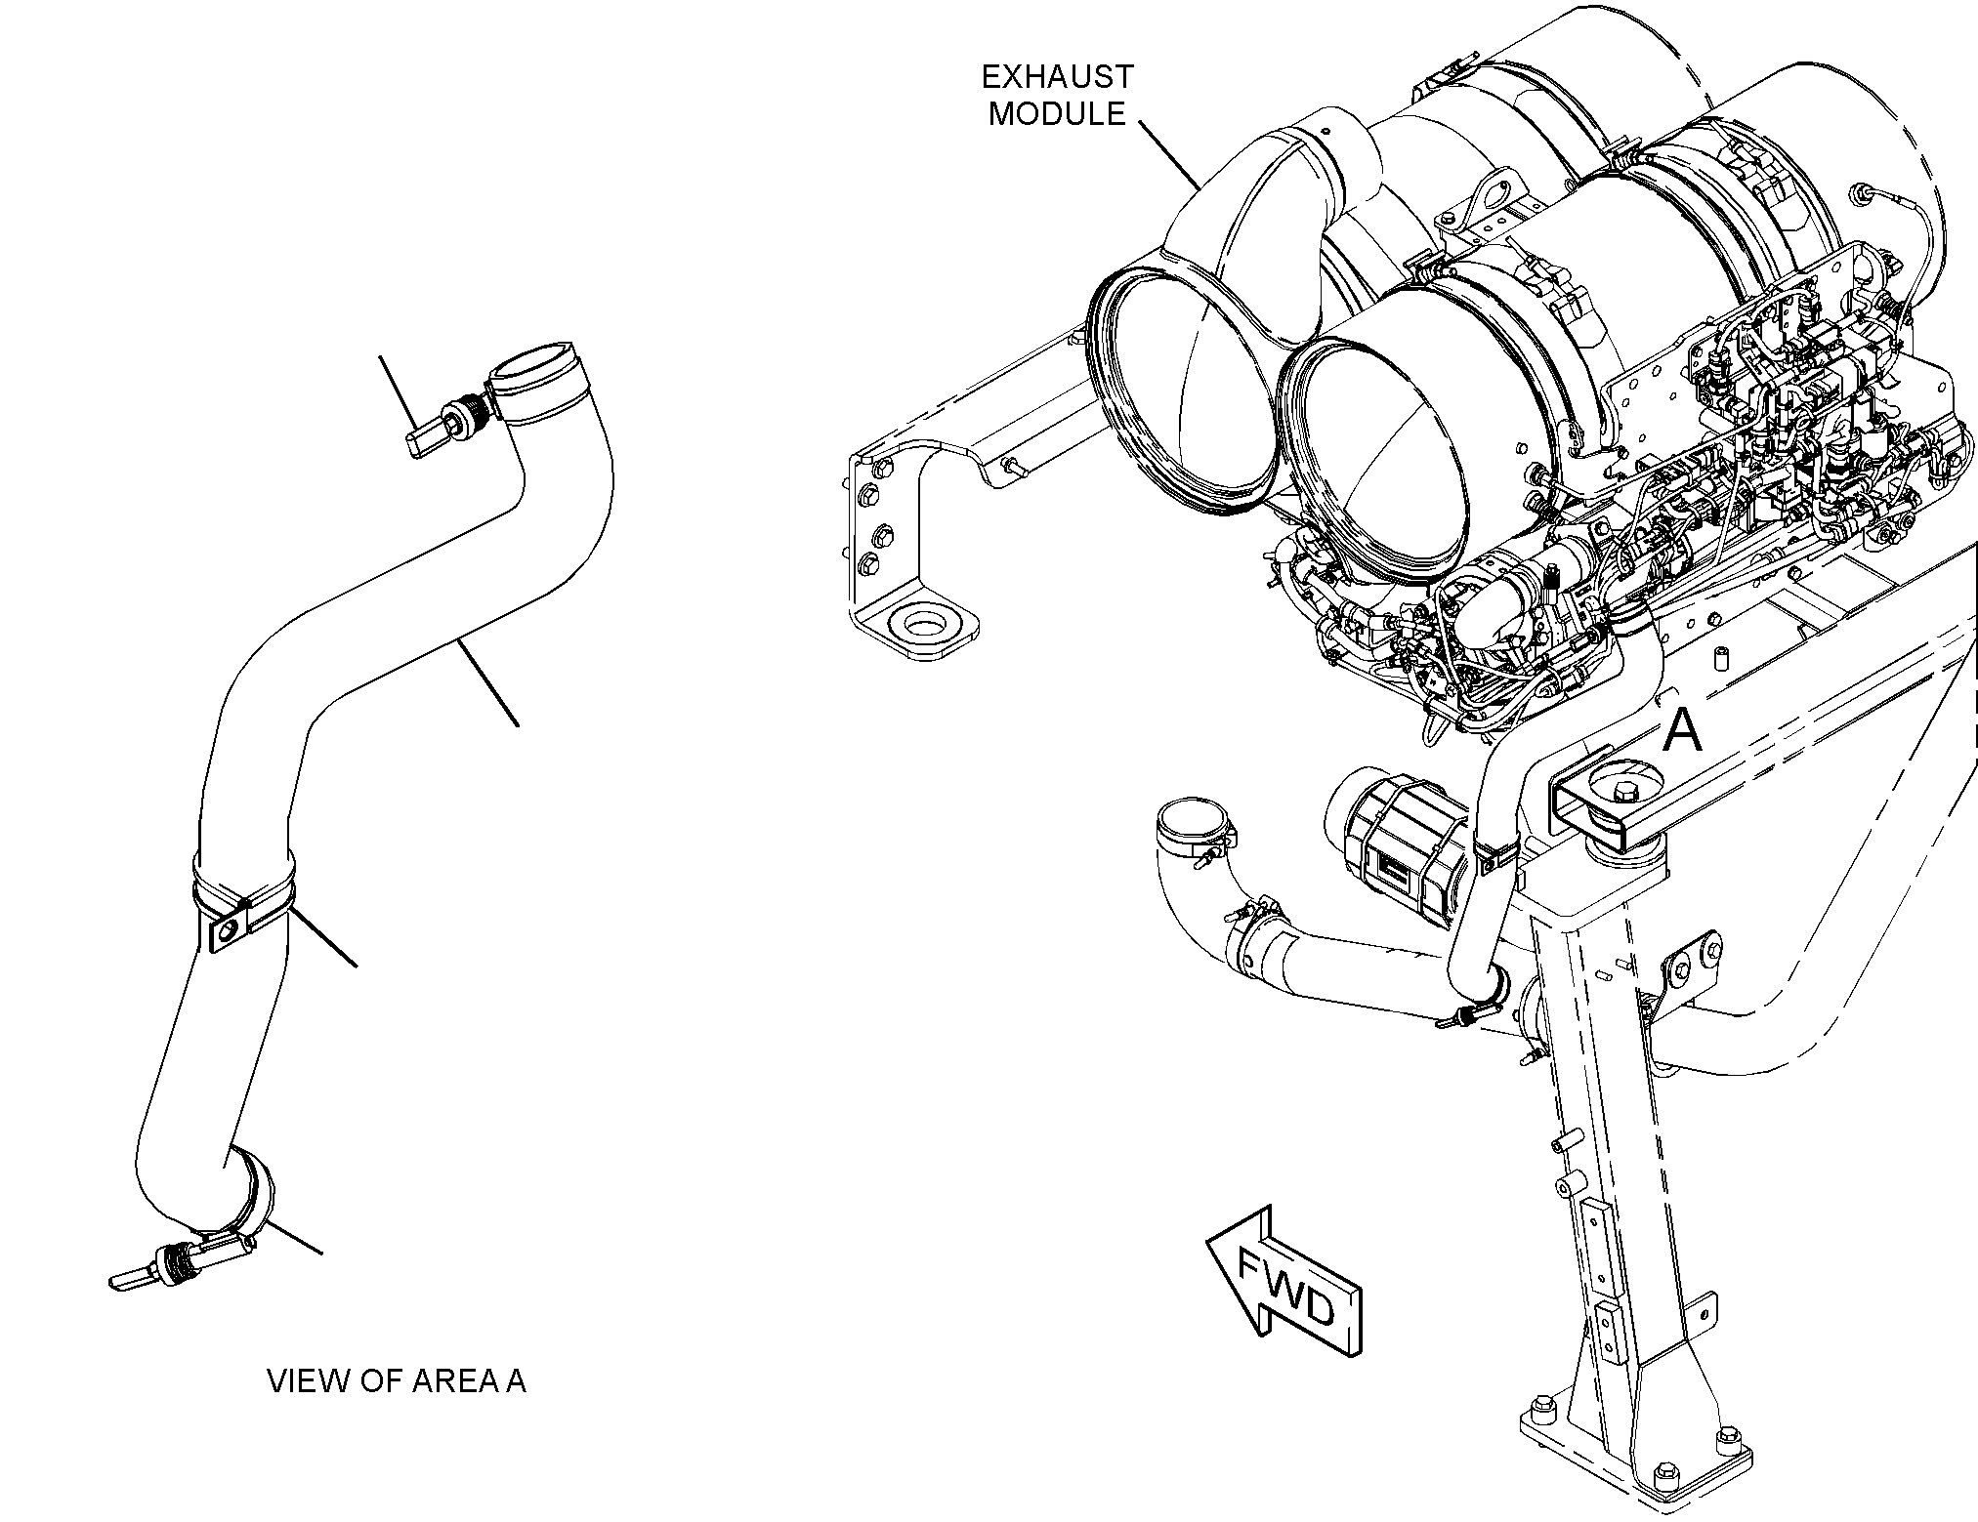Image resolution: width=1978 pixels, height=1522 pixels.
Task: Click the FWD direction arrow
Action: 1284,1281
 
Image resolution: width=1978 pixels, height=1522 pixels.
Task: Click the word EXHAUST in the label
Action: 1058,76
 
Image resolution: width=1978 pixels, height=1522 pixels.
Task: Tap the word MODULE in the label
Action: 1057,113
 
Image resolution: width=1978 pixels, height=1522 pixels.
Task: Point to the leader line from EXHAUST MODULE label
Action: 1167,154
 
